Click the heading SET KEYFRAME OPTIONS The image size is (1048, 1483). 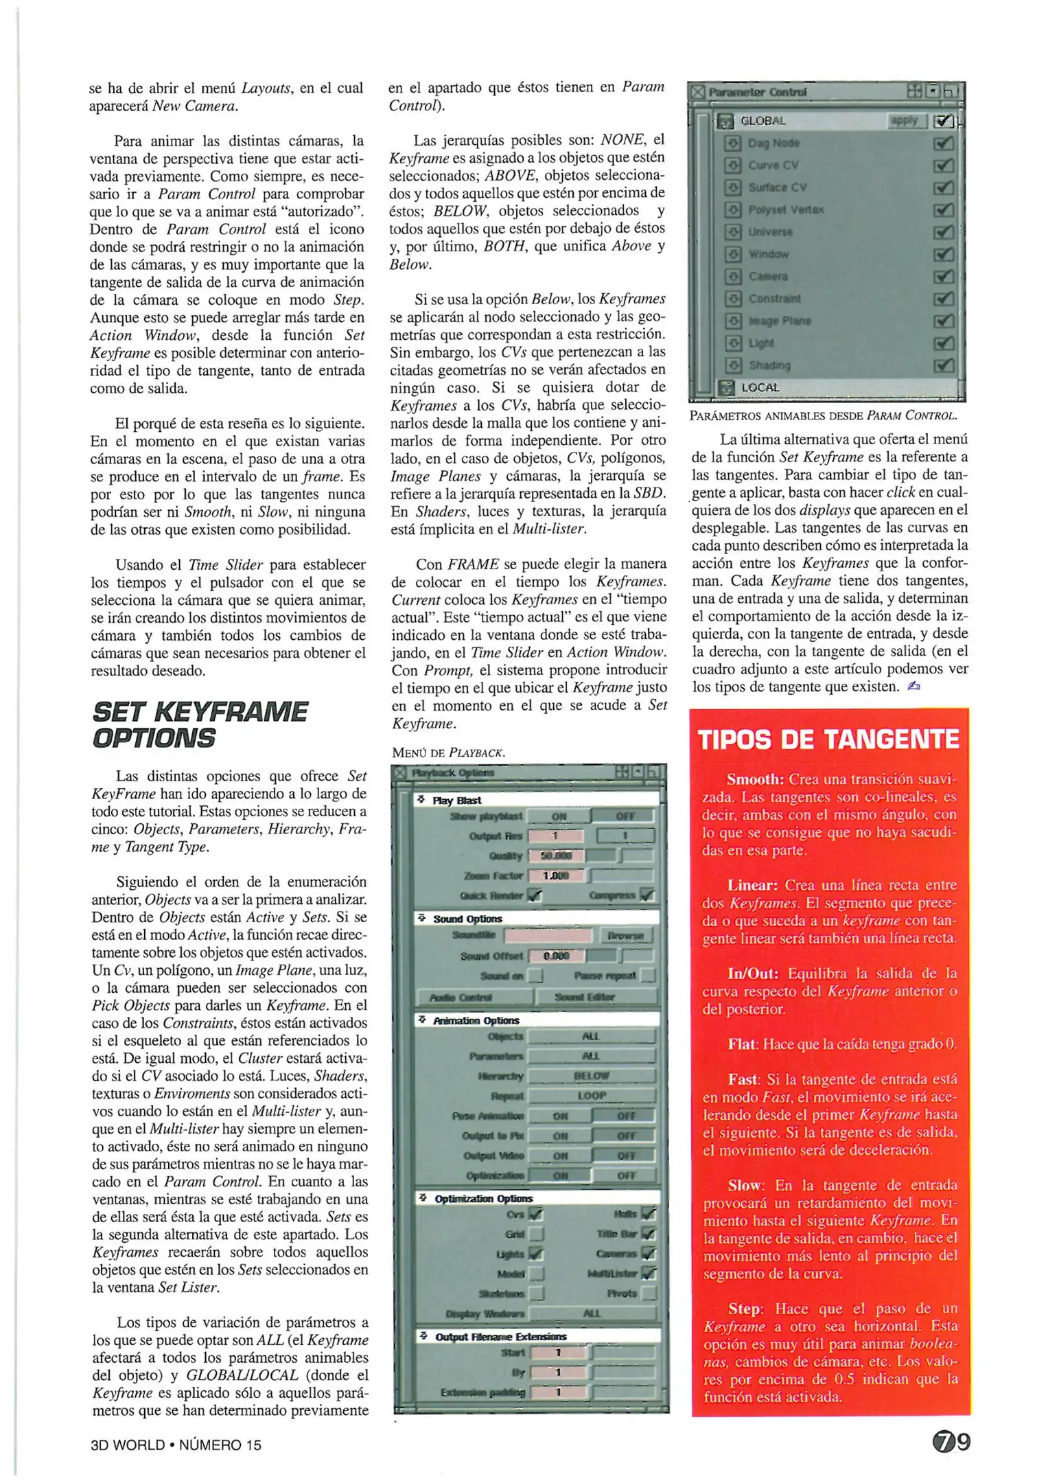click(x=200, y=724)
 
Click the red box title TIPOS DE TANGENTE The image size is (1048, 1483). click(x=828, y=739)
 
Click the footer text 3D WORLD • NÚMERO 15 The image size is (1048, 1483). click(x=176, y=1445)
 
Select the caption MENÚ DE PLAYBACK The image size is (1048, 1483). click(x=448, y=752)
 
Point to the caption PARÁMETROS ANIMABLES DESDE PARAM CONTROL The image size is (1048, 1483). click(x=824, y=415)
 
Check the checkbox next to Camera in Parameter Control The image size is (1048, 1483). click(x=944, y=277)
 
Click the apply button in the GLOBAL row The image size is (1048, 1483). click(x=905, y=121)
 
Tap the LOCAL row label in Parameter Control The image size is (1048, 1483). click(x=760, y=387)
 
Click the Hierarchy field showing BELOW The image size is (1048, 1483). click(x=591, y=1076)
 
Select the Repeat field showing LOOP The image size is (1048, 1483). click(x=591, y=1096)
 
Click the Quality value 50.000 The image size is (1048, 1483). click(x=557, y=855)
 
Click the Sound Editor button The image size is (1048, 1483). click(x=595, y=996)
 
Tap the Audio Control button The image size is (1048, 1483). click(x=474, y=996)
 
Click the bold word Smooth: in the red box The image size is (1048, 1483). click(x=755, y=779)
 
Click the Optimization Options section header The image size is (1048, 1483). click(x=484, y=1198)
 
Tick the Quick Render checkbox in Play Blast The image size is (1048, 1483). click(x=535, y=895)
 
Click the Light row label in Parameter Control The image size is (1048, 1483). click(x=761, y=343)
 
